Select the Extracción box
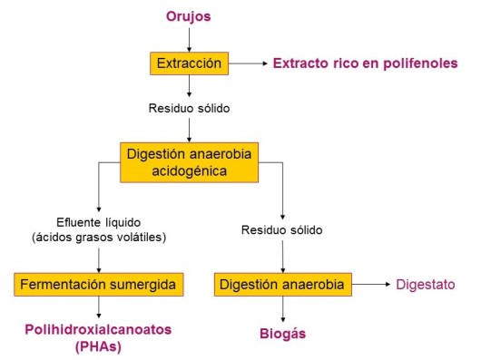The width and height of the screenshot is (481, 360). pos(188,63)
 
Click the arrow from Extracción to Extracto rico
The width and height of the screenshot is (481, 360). pos(246,63)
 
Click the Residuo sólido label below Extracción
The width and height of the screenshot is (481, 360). pos(188,109)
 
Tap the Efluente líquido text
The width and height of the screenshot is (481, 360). pos(98,221)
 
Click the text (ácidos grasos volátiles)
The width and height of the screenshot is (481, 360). pos(98,238)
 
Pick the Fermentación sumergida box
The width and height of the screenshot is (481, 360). pos(99,286)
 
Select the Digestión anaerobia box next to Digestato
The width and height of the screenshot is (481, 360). pos(282,286)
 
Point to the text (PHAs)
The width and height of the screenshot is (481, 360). pos(98,345)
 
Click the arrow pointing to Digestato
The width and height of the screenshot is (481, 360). pos(370,286)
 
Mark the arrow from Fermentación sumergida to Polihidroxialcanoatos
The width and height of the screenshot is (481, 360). pos(98,308)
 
